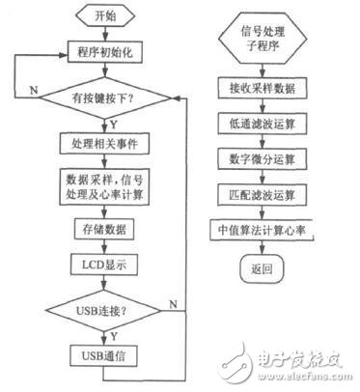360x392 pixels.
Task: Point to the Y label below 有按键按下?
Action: click(114, 123)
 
